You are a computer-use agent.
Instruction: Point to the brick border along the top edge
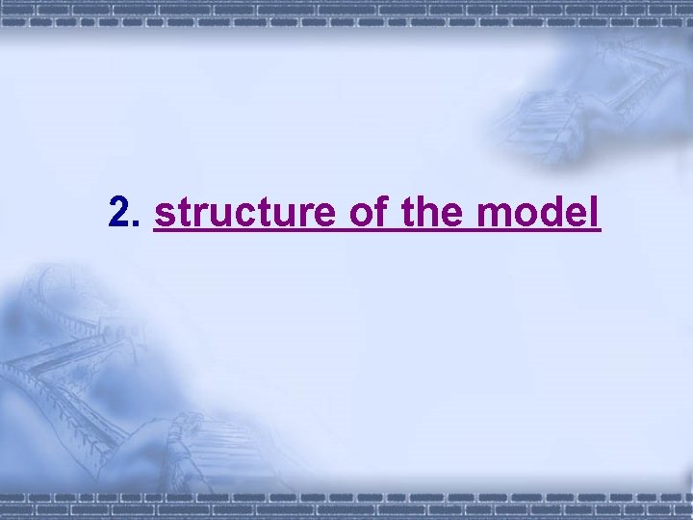pos(346,10)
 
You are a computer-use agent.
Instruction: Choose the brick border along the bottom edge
pos(346,509)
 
